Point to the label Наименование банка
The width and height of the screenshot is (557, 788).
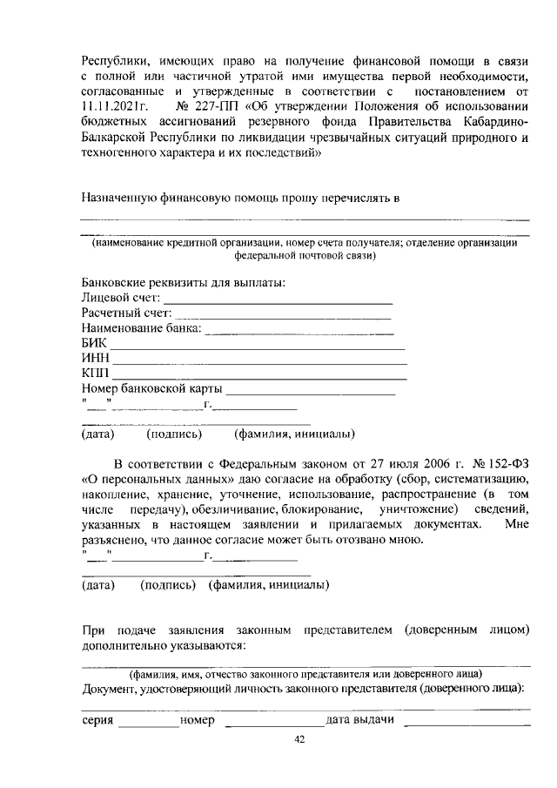point(141,328)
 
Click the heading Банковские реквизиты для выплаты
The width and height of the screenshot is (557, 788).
point(183,284)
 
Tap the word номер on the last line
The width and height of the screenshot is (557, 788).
point(198,720)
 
